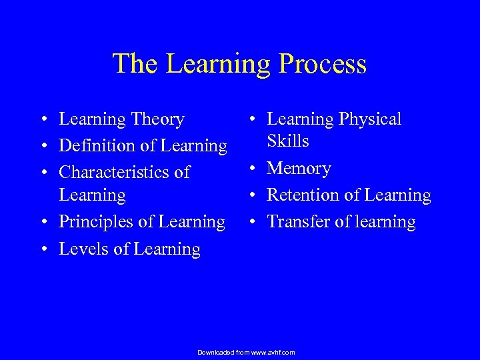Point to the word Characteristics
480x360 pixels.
click(x=115, y=172)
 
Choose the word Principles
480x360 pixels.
click(x=95, y=221)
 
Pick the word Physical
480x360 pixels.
click(x=370, y=119)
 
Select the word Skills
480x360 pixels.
click(x=288, y=141)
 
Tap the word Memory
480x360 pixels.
click(x=299, y=169)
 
